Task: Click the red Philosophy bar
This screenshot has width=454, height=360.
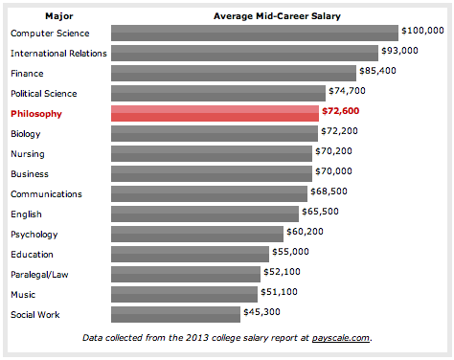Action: [215, 113]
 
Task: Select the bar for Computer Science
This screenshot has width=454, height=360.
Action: [255, 33]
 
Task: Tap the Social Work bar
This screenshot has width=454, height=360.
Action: [175, 314]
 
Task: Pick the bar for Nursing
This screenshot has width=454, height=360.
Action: [212, 153]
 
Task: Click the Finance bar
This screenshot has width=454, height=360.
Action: [234, 73]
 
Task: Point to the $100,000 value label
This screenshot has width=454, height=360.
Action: [422, 31]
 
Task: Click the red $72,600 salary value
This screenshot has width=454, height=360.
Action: [341, 111]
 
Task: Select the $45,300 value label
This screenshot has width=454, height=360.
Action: [261, 312]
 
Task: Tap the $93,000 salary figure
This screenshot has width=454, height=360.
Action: [399, 51]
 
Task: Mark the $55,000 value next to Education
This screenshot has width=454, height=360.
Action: [290, 252]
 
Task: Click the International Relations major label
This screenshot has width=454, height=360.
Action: [58, 54]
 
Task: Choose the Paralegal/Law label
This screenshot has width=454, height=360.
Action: [39, 275]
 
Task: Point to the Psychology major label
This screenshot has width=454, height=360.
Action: [34, 235]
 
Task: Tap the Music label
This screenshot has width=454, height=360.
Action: [23, 294]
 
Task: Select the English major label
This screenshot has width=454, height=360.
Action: [26, 214]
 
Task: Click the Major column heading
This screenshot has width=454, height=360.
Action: [59, 16]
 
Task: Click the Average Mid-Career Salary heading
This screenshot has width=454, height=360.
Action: [277, 16]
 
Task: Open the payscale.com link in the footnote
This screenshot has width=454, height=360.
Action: [341, 338]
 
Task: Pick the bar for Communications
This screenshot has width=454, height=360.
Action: [209, 193]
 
